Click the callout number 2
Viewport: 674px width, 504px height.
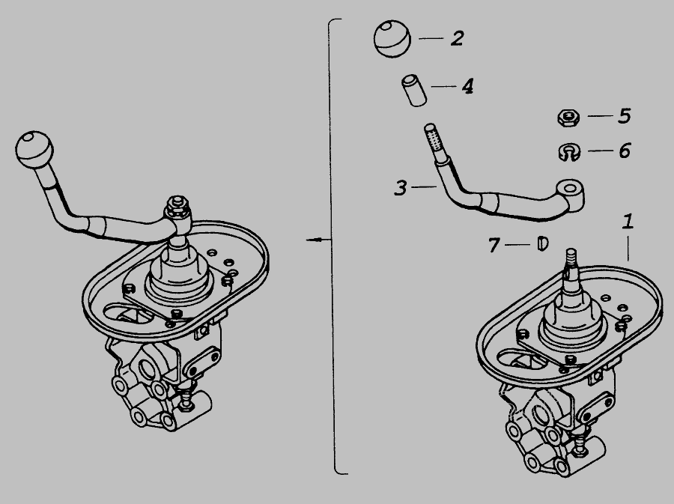click(458, 38)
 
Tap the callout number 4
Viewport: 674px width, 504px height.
click(467, 86)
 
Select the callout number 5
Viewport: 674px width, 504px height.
click(625, 116)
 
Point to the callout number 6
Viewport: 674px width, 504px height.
click(625, 151)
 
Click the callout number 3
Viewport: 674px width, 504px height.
click(400, 188)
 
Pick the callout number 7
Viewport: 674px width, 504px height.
click(494, 245)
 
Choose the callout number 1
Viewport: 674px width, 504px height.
click(628, 221)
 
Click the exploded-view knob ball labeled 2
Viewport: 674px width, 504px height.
click(392, 38)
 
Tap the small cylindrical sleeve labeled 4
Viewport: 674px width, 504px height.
click(414, 90)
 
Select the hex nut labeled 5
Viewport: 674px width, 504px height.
click(568, 118)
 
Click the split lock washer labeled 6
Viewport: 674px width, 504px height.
click(569, 152)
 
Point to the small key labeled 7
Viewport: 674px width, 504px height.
click(543, 243)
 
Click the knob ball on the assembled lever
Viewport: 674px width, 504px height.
click(34, 150)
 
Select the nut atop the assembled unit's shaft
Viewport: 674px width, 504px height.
click(177, 204)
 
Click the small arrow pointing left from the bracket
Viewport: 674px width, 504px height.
click(318, 240)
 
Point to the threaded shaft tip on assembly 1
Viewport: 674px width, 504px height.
click(571, 258)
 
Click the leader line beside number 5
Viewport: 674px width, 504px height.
click(600, 115)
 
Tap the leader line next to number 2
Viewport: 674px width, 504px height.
click(431, 38)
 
